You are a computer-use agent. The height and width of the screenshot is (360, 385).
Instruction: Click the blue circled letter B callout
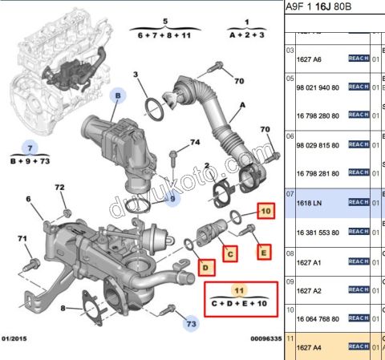click(118, 96)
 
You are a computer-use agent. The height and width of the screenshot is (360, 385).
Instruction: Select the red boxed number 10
click(265, 212)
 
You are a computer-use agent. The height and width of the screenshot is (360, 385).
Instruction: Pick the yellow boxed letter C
click(229, 255)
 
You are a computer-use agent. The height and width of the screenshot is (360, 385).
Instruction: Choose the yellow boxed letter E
click(262, 254)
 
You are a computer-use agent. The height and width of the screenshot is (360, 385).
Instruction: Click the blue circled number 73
click(190, 324)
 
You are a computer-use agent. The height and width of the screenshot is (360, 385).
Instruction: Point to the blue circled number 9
click(169, 200)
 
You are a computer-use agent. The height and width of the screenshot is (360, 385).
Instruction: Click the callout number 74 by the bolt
click(194, 143)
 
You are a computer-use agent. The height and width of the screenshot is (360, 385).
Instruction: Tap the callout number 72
click(59, 188)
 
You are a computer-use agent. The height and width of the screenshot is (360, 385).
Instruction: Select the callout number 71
click(23, 238)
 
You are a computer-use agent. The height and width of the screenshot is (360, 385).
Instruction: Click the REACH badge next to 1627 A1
click(358, 261)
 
